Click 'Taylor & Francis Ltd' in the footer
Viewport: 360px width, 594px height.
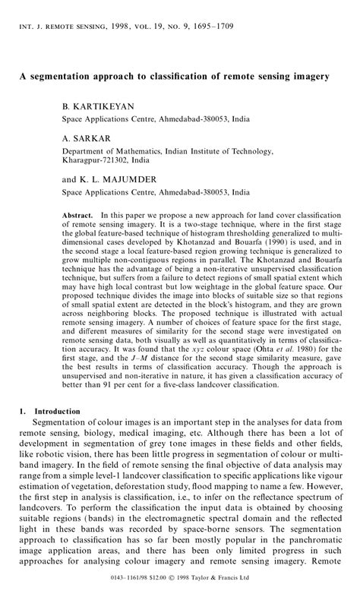point(242,586)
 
